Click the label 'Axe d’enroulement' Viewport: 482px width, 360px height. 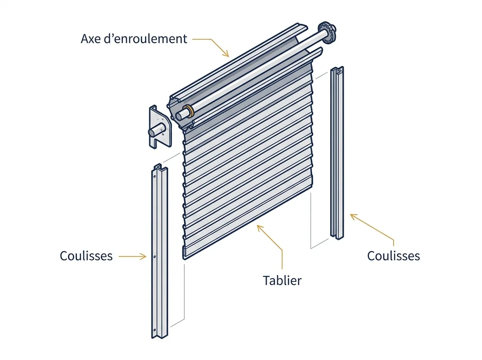[x=134, y=39]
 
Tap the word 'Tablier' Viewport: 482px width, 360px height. [x=282, y=280]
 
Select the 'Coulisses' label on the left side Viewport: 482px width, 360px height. [x=86, y=256]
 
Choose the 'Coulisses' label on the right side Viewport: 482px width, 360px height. [x=394, y=256]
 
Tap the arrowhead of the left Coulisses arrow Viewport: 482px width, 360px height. [x=143, y=256]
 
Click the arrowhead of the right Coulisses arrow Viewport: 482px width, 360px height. [x=353, y=217]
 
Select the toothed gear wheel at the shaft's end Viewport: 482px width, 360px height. [x=327, y=33]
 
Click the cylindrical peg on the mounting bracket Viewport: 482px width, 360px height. [x=156, y=129]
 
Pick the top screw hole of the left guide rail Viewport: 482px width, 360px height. [x=154, y=176]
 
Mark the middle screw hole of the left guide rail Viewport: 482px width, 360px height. [x=154, y=256]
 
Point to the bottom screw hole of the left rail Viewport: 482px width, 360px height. [x=154, y=330]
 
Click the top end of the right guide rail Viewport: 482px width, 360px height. [x=337, y=69]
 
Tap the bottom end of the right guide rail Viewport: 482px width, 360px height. [x=337, y=237]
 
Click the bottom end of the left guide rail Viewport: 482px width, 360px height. [x=159, y=335]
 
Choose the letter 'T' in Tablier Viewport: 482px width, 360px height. [x=266, y=280]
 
